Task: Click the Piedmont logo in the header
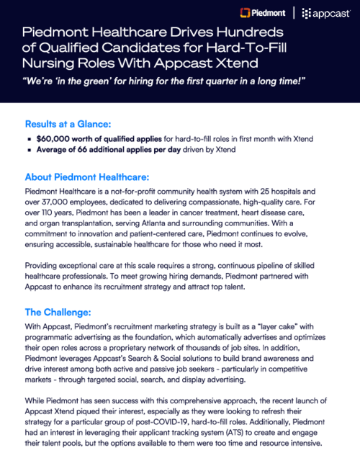pos(264,12)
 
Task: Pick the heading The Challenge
pos(59,312)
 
